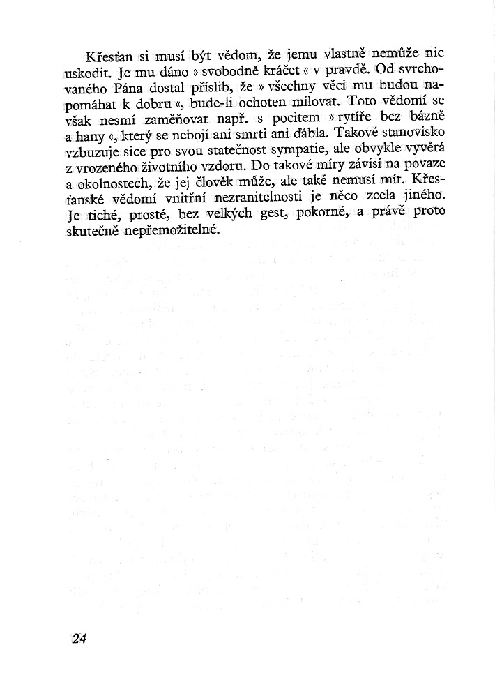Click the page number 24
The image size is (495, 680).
point(77,638)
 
